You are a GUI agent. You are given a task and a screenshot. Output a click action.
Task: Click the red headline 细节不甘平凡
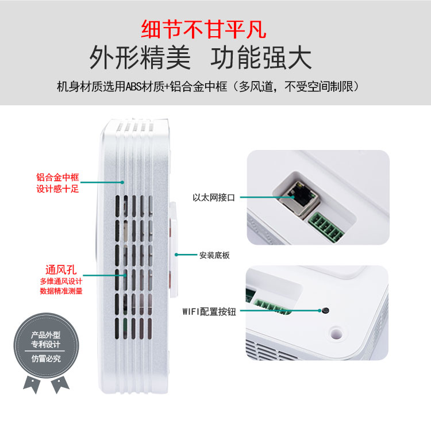[203, 29]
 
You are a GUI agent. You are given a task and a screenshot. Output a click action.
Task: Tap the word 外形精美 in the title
[140, 58]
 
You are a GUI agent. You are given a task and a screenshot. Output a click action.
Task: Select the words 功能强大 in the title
[261, 58]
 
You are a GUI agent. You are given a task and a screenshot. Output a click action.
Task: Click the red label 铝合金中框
[57, 177]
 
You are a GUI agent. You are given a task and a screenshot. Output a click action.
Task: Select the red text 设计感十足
[57, 189]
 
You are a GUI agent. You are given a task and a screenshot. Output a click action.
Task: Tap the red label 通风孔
[61, 270]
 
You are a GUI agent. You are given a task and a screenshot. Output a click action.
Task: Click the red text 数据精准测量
[61, 291]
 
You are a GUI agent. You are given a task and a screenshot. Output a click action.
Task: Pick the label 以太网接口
[214, 197]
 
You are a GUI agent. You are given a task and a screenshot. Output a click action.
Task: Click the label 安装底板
[214, 255]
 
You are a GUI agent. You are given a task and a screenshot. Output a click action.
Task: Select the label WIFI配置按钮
[209, 311]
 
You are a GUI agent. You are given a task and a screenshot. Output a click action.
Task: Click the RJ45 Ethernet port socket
[300, 196]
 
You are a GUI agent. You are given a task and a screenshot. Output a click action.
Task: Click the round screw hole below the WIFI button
[336, 334]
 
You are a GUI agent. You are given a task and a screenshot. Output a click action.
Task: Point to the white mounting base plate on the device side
[174, 250]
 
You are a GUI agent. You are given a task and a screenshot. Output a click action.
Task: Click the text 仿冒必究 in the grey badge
[46, 359]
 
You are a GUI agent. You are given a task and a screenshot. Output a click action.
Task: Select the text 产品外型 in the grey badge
[45, 335]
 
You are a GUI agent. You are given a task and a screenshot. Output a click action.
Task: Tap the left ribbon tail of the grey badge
[32, 384]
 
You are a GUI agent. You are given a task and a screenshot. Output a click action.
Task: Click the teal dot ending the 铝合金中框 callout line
[122, 182]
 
